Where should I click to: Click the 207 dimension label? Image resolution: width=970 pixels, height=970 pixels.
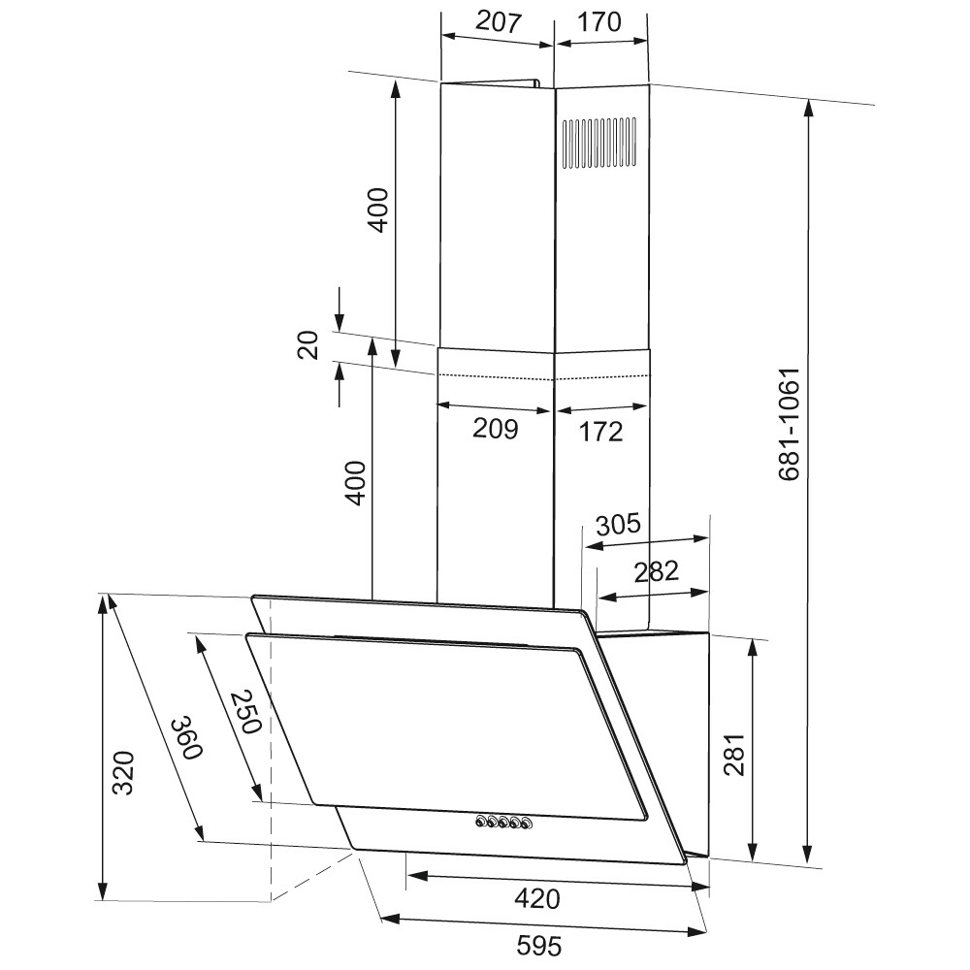coord(499,22)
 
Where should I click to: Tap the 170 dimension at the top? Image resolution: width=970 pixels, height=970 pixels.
coord(598,22)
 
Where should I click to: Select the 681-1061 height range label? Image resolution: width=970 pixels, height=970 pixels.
coord(790,425)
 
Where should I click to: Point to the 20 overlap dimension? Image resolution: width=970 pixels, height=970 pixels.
coord(307,345)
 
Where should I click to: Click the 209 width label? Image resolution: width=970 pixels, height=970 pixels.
coord(496,429)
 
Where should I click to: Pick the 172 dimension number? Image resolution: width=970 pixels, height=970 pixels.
coord(600,432)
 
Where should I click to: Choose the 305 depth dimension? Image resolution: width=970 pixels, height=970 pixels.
coord(618,525)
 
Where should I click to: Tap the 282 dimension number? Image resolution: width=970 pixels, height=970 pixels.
coord(657,571)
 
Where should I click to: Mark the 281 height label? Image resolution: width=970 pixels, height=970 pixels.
coord(734,755)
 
